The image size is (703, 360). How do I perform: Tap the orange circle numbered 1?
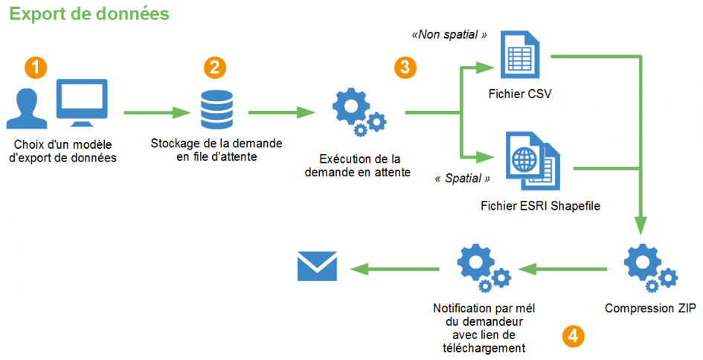click(36, 68)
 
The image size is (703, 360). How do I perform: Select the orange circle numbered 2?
click(214, 68)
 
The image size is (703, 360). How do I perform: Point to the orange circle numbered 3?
click(405, 68)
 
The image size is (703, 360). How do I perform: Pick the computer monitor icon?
click(83, 103)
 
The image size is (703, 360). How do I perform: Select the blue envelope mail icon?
click(318, 266)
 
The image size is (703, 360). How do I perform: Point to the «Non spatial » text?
click(449, 34)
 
